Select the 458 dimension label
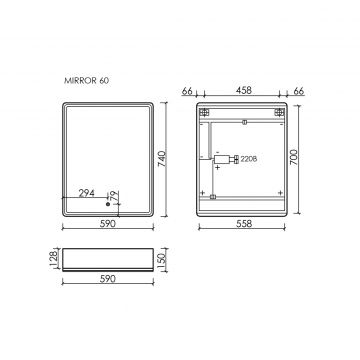pyautogui.click(x=243, y=89)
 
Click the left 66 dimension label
pyautogui.click(x=187, y=89)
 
